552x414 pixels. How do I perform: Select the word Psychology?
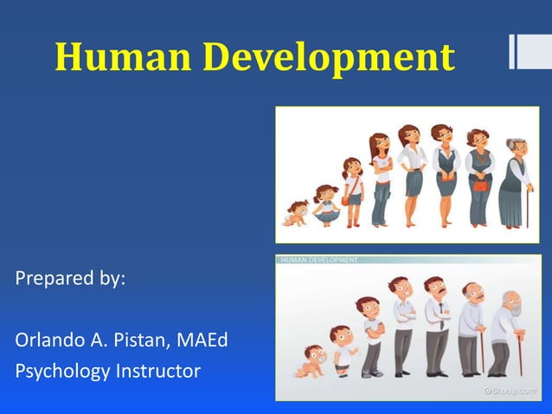[62, 371]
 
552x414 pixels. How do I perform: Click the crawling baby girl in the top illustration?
[297, 213]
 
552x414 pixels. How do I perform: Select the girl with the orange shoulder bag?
[352, 192]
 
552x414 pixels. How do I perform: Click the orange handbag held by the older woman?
[478, 184]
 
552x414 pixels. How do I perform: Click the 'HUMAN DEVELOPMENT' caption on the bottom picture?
[318, 259]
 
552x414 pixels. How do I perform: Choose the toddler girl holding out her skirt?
[325, 205]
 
